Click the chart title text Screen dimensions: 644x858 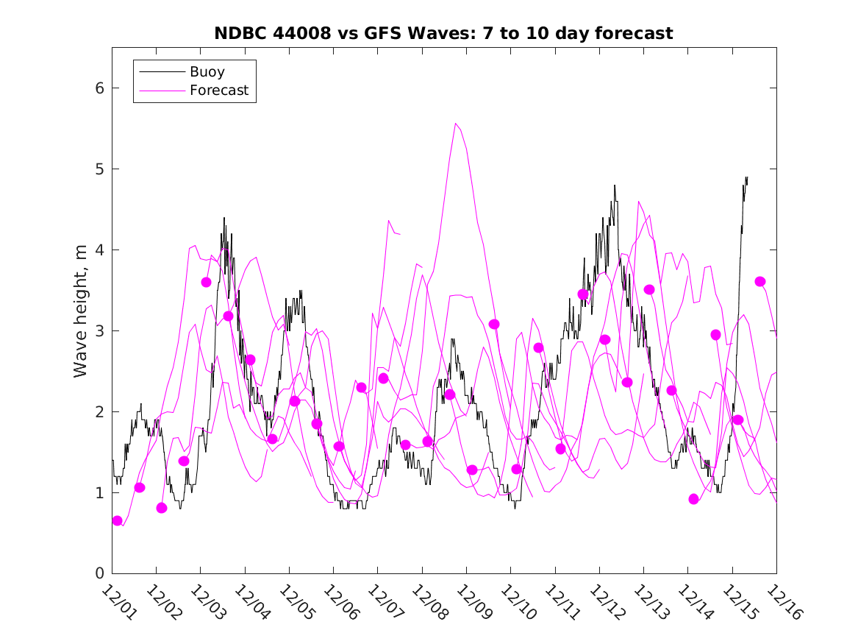tap(443, 34)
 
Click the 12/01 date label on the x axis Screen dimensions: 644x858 tap(118, 603)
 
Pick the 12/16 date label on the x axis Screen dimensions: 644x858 tap(782, 603)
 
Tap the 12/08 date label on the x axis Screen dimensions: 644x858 tap(428, 603)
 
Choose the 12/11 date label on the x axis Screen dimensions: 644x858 tap(561, 603)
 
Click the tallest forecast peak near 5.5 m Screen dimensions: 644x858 tap(456, 124)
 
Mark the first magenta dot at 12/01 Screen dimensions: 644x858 tap(117, 520)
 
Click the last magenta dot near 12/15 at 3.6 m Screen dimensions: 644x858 tap(760, 281)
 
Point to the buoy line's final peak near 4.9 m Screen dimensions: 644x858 tap(746, 177)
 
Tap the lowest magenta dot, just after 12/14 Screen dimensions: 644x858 tap(693, 499)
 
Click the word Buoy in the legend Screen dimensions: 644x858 tap(207, 72)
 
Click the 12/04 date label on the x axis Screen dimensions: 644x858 tap(251, 603)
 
